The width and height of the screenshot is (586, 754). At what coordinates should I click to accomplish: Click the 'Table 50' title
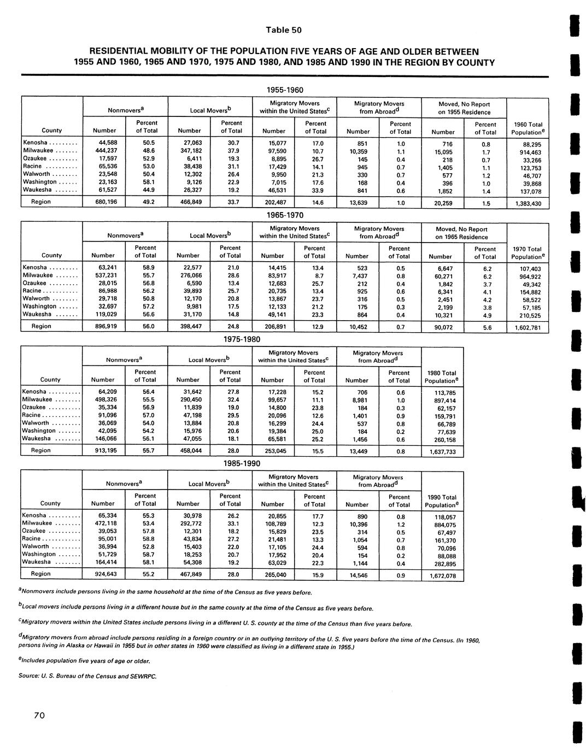284,30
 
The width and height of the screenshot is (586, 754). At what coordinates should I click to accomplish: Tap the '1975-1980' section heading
242,339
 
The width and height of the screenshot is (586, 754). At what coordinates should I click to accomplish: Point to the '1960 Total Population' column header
528,128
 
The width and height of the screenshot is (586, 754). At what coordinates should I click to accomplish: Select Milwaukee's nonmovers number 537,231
103,276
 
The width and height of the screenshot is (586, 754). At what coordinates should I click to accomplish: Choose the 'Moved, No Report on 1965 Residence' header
462,233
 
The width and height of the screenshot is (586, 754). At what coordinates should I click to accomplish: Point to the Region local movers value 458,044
188,451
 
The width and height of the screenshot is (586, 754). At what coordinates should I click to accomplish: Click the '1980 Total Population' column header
441,377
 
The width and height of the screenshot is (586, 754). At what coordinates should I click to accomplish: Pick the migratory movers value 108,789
273,523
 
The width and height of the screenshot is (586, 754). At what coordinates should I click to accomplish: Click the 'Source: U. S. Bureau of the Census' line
87,676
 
